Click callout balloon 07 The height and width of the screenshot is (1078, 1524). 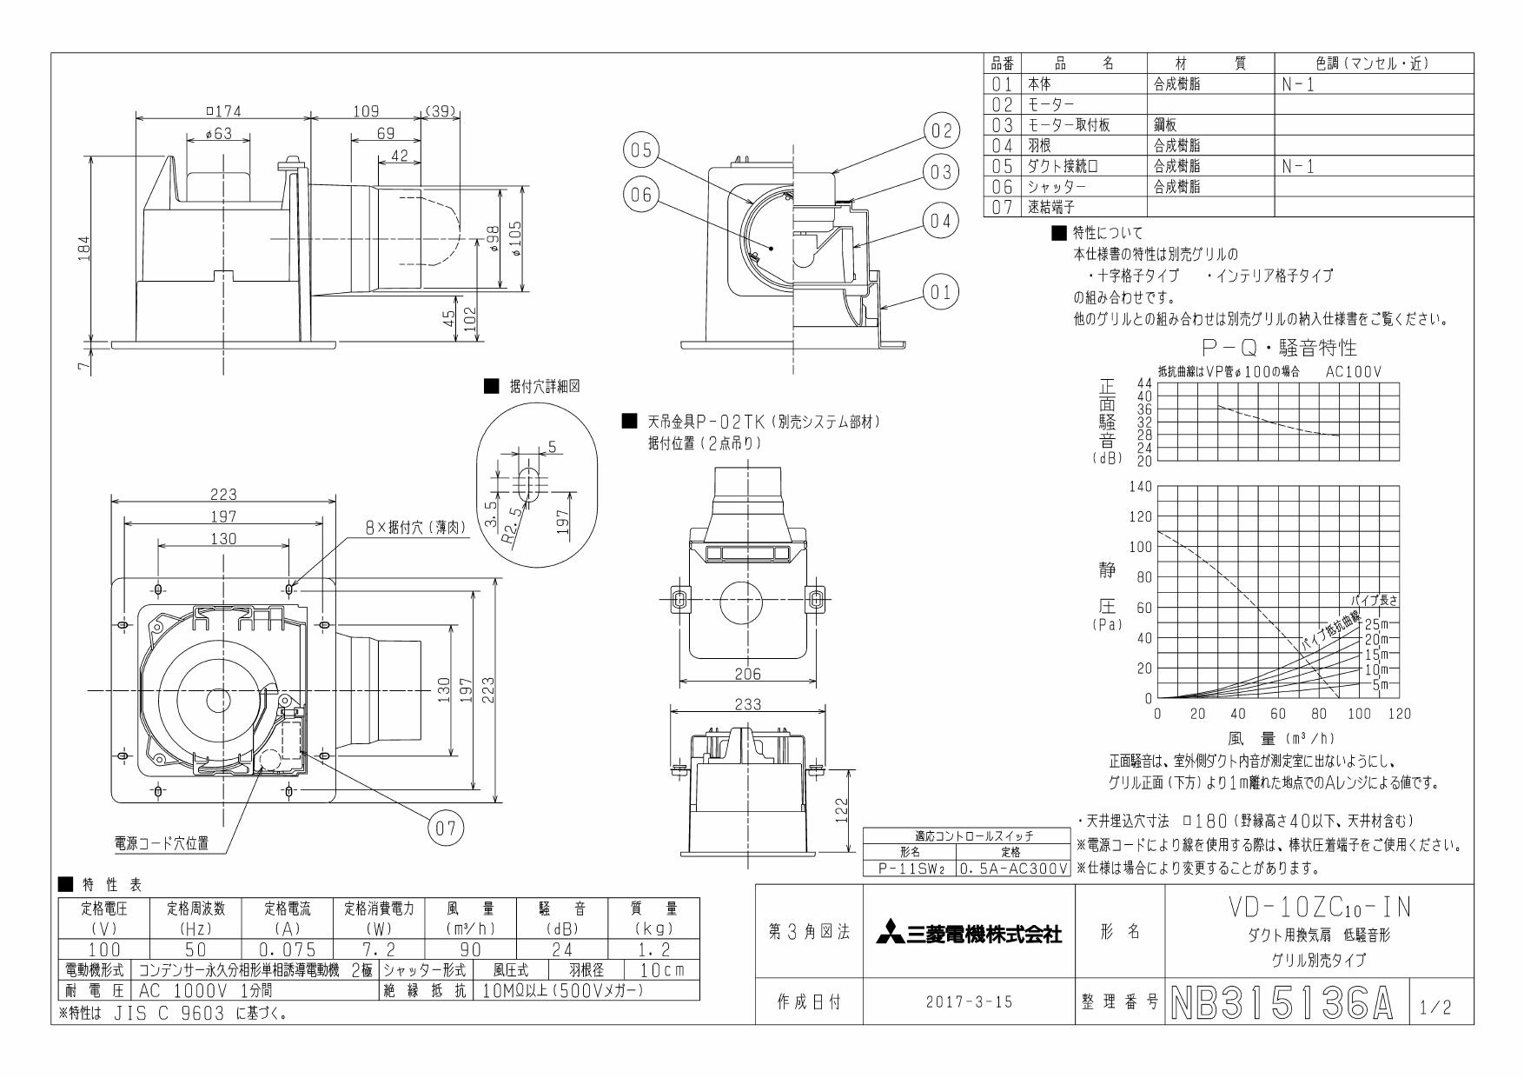[x=445, y=828]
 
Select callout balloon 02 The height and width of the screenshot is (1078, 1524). [x=941, y=132]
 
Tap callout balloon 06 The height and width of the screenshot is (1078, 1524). [x=640, y=195]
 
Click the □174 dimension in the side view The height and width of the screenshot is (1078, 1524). [x=223, y=111]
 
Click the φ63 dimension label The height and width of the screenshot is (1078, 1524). [x=219, y=133]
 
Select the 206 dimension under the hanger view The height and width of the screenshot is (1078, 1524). [x=747, y=674]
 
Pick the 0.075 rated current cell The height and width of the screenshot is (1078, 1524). [x=287, y=949]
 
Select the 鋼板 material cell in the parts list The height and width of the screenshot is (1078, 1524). [x=1166, y=125]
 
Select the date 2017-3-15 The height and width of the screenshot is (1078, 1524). [x=968, y=1002]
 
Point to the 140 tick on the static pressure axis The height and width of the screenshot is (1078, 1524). [x=1140, y=486]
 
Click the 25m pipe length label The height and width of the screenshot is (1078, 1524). [x=1376, y=624]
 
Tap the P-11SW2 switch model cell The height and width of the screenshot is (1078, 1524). [x=909, y=868]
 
